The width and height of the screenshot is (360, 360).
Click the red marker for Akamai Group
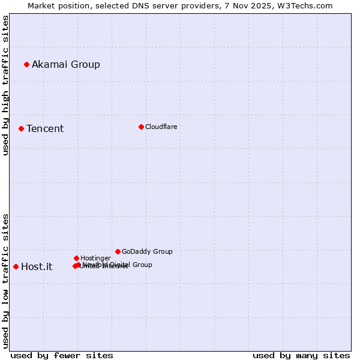tap(26, 64)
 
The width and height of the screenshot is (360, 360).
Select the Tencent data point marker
tap(21, 128)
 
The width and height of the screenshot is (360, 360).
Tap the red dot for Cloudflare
tap(141, 127)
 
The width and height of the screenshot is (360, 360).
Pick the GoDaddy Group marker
tap(118, 251)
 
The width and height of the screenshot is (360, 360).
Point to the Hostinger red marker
tap(76, 258)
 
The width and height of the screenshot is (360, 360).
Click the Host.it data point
tap(16, 266)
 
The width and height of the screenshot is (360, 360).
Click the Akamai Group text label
tap(66, 64)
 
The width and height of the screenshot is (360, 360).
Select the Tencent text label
tap(45, 128)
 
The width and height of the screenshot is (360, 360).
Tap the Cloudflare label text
tap(161, 127)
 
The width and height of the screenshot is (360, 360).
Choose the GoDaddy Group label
tap(147, 251)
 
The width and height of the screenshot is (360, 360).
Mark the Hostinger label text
tap(95, 258)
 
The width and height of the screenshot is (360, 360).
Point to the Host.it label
tap(37, 266)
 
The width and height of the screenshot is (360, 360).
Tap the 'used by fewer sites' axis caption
tap(62, 355)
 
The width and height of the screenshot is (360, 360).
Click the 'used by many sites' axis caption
tap(301, 355)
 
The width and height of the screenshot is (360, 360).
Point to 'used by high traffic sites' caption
tap(5, 85)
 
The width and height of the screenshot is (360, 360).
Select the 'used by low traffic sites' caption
tap(5, 280)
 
